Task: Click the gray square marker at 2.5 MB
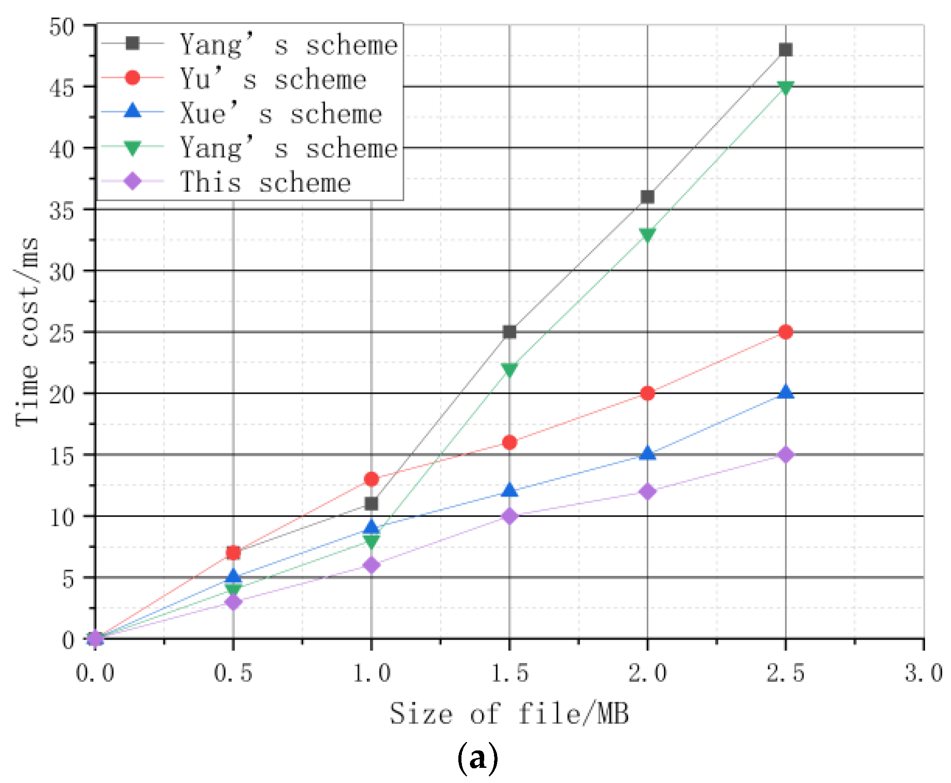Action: click(x=785, y=49)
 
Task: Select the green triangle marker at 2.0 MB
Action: click(x=647, y=235)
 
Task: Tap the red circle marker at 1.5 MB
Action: click(x=509, y=442)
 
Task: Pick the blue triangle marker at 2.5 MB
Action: click(x=785, y=392)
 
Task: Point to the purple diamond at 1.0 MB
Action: click(x=371, y=565)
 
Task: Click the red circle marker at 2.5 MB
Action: click(x=785, y=332)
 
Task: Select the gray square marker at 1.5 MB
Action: click(x=509, y=332)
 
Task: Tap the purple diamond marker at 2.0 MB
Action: click(x=647, y=491)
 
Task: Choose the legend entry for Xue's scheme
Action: click(x=281, y=114)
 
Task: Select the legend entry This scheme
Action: click(x=265, y=182)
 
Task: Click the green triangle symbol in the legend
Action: click(x=132, y=148)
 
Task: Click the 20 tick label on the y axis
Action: click(x=62, y=395)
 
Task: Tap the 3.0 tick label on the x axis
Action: click(x=923, y=673)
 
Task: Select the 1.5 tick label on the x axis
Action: click(x=509, y=673)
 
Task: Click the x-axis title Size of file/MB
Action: click(x=509, y=713)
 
